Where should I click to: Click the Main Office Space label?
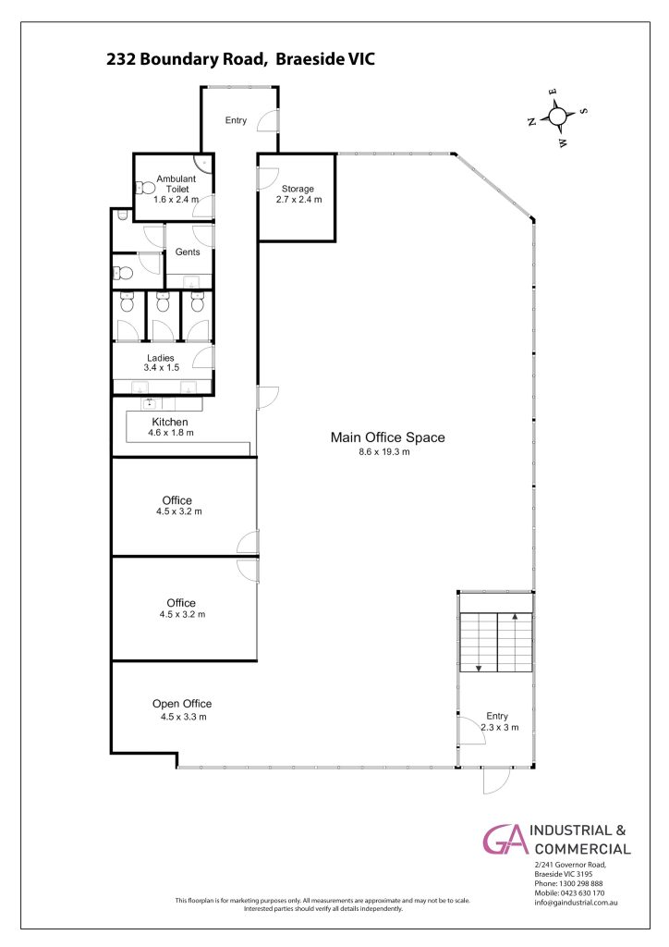coord(387,437)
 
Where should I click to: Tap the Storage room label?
coord(298,189)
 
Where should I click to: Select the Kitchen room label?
coord(170,422)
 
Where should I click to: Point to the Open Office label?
coord(182,704)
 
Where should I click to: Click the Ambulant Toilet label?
coord(176,184)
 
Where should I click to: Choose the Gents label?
coord(188,252)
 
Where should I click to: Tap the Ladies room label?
coord(161,358)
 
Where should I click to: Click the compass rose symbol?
coord(558,117)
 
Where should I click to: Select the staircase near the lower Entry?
coord(496,643)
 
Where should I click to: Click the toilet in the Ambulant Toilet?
coord(145,188)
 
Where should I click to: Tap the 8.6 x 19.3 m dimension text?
coord(384,451)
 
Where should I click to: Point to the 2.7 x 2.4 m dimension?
coord(298,200)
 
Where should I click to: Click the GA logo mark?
coord(505,840)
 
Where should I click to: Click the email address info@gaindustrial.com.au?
coord(576,903)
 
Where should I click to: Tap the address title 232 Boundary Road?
coord(186,59)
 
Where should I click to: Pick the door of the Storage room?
coord(265,178)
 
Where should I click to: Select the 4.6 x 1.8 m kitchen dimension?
coord(171,433)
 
